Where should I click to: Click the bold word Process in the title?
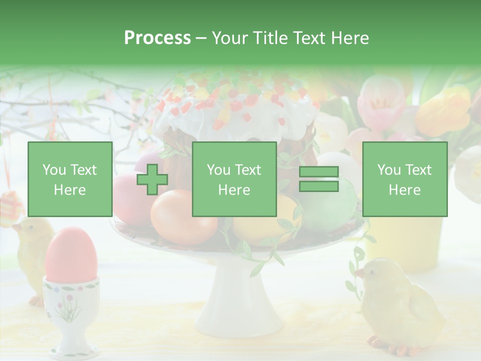pyautogui.click(x=157, y=38)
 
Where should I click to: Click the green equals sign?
pyautogui.click(x=319, y=179)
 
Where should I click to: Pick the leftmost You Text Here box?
pyautogui.click(x=70, y=179)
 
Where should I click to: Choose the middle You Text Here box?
pyautogui.click(x=234, y=179)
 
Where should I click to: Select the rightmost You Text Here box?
pyautogui.click(x=405, y=179)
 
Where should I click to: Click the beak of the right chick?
pyautogui.click(x=359, y=273)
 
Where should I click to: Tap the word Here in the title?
pyautogui.click(x=350, y=38)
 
